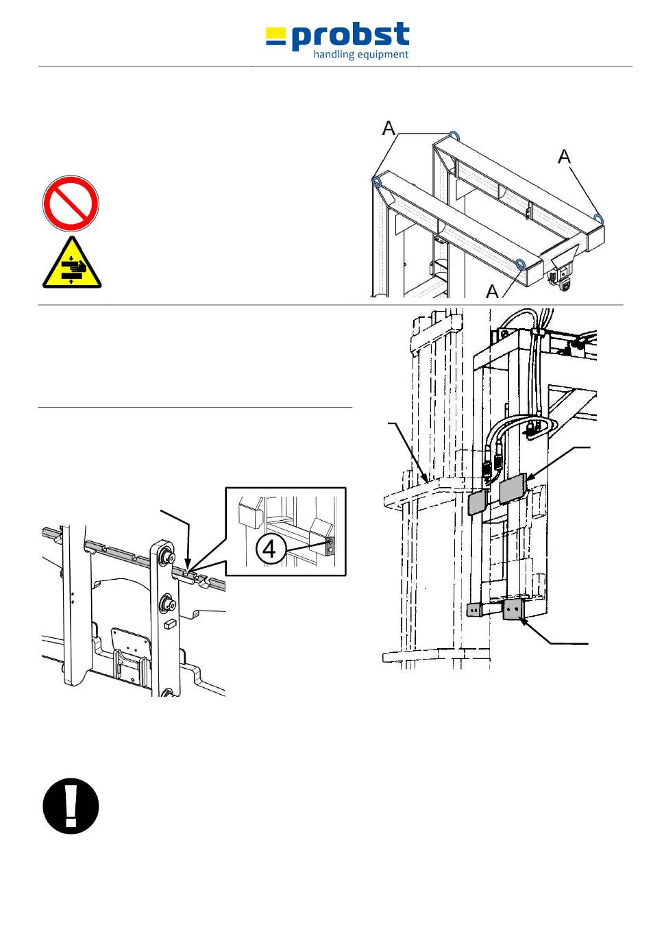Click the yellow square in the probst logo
coord(275,36)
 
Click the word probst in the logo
coord(351,36)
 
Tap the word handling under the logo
coord(334,55)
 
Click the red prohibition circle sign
coord(71,203)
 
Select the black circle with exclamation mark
coord(71,806)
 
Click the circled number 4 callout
coord(270,548)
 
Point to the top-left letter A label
coord(389,127)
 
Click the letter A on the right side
coord(564,157)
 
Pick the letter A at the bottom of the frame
coord(492,291)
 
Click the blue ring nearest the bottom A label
coord(521,265)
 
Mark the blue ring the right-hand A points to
coord(599,219)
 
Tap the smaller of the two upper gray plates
coord(477,502)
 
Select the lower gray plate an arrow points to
coord(513,609)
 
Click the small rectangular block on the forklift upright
coord(168,624)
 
